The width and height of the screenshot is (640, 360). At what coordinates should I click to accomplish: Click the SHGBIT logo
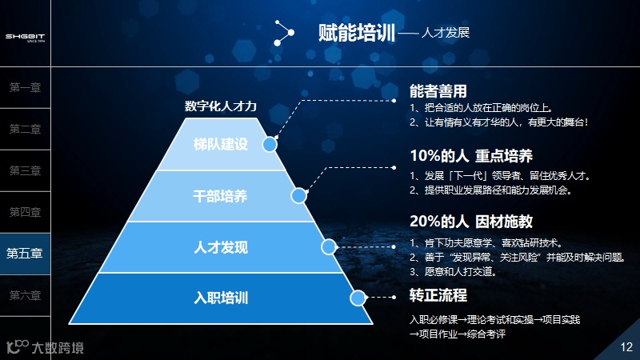[x=25, y=37]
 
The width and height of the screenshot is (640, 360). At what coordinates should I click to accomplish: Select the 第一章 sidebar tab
[x=25, y=88]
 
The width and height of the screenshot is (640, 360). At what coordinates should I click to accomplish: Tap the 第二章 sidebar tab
[x=25, y=130]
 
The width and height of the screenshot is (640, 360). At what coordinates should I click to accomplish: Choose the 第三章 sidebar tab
[x=25, y=170]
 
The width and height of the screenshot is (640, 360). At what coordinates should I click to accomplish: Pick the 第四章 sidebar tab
[x=25, y=212]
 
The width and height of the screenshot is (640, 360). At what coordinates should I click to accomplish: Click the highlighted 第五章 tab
[x=25, y=254]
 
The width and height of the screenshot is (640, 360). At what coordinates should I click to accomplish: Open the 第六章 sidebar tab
[x=25, y=295]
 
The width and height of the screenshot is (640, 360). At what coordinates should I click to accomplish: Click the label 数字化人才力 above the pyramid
[x=221, y=106]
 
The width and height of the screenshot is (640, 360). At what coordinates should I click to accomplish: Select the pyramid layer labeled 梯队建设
[x=222, y=144]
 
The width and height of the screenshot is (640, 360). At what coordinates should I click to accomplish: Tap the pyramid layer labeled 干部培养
[x=222, y=195]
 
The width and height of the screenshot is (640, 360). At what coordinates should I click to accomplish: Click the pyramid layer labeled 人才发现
[x=222, y=246]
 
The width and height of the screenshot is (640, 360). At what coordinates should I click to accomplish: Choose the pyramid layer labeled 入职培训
[x=222, y=298]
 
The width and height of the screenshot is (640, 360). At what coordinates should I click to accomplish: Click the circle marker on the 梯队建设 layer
[x=270, y=145]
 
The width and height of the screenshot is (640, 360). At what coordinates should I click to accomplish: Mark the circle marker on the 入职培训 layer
[x=358, y=298]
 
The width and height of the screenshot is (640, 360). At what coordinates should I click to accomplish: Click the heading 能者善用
[x=438, y=91]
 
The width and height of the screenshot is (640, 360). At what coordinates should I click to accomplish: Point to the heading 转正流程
[x=438, y=295]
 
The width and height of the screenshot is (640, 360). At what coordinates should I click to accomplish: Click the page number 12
[x=626, y=346]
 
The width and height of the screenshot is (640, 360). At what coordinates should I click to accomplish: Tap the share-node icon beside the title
[x=283, y=33]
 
